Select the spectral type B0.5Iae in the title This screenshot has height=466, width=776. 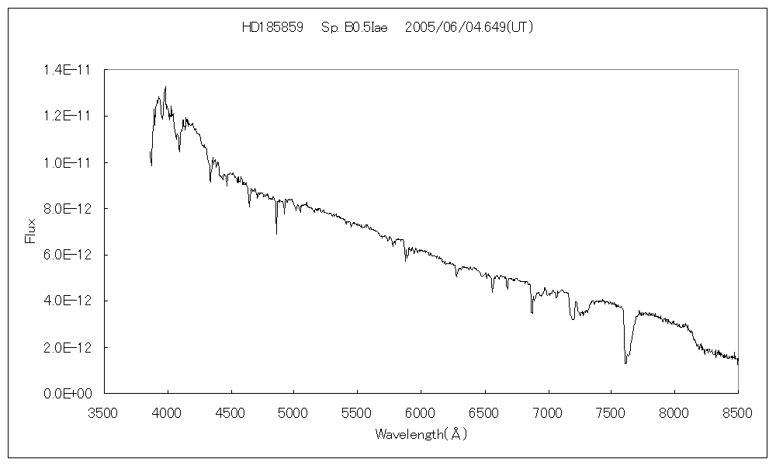pos(353,27)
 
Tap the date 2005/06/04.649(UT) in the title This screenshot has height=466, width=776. pos(469,27)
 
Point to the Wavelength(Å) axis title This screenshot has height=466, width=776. pos(421,434)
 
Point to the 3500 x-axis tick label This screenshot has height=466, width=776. pos(104,412)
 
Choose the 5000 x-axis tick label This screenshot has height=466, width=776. pos(294,412)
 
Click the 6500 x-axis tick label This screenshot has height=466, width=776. pos(484,412)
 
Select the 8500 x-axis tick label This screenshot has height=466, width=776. pos(737,412)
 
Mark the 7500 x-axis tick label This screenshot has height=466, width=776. pos(611,412)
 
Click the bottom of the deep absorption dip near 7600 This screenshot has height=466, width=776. pos(625,363)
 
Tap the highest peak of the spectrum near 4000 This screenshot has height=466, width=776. pos(165,87)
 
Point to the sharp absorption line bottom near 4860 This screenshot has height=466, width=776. pos(276,233)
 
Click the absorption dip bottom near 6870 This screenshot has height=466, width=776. pos(532,312)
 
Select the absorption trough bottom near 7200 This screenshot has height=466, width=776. pos(573,318)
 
